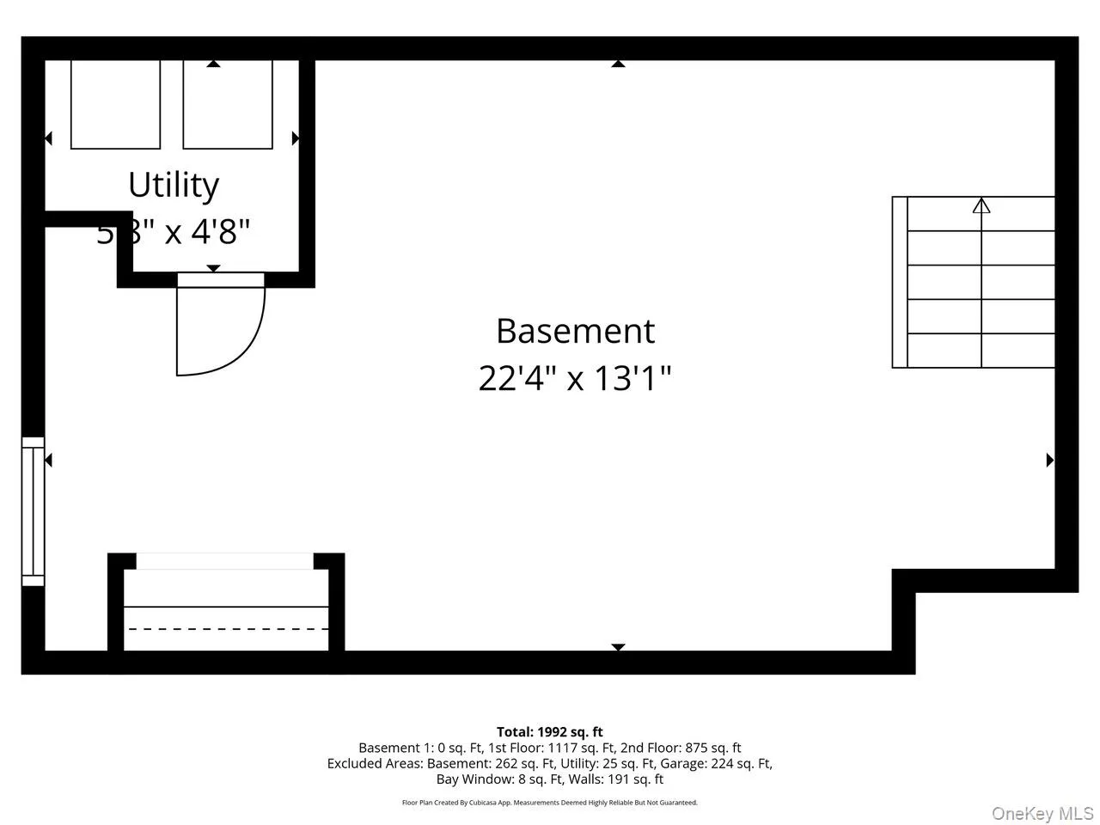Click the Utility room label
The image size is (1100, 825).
tap(174, 185)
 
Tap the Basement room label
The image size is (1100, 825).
tap(575, 331)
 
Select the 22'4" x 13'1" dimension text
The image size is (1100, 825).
tap(575, 377)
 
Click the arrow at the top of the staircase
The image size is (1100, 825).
tap(981, 205)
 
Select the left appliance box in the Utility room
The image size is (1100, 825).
tap(115, 104)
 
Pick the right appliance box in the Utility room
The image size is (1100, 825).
tap(228, 104)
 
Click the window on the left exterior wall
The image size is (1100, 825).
tap(33, 511)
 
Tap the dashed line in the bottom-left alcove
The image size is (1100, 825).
tap(227, 629)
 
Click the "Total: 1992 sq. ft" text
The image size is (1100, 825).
tap(550, 732)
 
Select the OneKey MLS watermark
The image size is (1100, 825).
tap(1042, 813)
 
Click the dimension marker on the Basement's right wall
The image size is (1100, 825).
tap(1049, 460)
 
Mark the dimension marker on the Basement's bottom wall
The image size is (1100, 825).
tap(618, 647)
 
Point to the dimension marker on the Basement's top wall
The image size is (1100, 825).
tap(618, 63)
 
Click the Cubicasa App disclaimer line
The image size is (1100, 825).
tap(550, 803)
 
